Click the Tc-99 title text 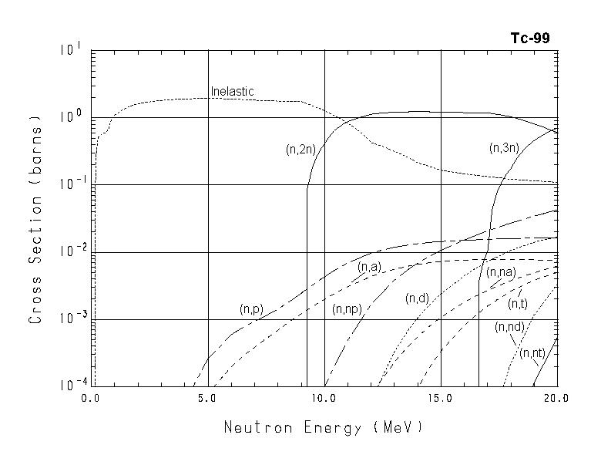coord(530,38)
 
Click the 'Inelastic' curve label coord(232,92)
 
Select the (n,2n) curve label coord(300,150)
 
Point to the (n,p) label coord(251,309)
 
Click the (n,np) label coord(347,309)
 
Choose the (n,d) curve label coord(417,298)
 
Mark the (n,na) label coord(501,271)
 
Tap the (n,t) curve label coord(517,302)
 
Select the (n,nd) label coord(509,327)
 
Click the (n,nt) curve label coord(532,353)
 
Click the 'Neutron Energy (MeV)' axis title coord(324,427)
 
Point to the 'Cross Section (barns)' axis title coord(35,220)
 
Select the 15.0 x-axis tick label coord(440,399)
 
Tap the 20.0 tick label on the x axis coord(556,399)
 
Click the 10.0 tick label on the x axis coord(324,399)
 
